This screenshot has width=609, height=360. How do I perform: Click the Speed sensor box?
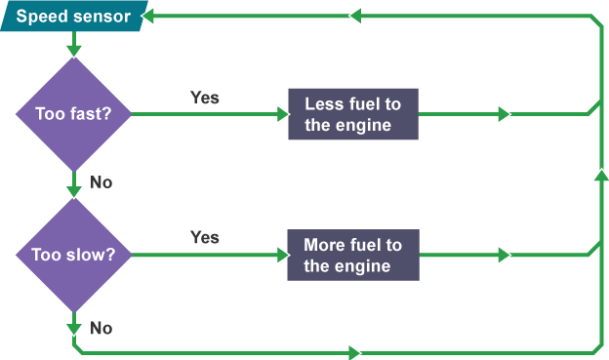click(74, 17)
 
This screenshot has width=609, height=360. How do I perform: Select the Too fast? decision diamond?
click(73, 113)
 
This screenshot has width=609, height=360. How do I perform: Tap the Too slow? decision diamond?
click(73, 255)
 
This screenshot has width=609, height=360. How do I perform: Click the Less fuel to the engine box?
click(353, 114)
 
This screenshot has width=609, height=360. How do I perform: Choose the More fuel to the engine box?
click(352, 255)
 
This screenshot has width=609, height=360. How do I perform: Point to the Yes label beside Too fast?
click(204, 98)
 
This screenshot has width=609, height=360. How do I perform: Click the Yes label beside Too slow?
click(204, 237)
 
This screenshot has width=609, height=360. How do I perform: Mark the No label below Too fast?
click(101, 181)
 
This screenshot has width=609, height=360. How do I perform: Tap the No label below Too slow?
click(101, 328)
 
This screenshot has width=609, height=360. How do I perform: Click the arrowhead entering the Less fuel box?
click(283, 114)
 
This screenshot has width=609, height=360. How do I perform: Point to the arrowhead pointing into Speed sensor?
click(149, 17)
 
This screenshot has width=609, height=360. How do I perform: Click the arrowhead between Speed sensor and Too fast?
click(73, 49)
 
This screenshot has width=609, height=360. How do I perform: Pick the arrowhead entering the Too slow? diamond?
click(73, 190)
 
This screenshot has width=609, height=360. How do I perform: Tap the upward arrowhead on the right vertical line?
click(598, 176)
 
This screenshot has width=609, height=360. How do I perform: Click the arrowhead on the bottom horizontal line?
click(355, 351)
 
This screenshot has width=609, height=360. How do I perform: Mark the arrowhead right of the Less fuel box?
click(504, 114)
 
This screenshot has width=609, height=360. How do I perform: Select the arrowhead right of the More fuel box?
click(504, 255)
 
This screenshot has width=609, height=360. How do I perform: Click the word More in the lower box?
click(324, 245)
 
